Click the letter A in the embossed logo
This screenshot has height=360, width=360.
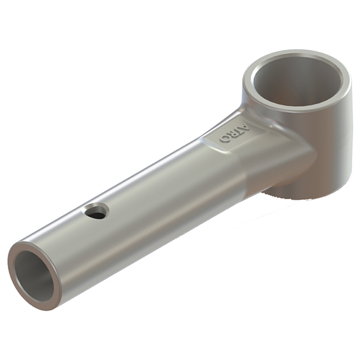point(245,127)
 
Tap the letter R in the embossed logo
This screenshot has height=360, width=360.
point(235,133)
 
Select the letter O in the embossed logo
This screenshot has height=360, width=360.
point(225,138)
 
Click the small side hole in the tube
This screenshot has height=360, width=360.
point(97,211)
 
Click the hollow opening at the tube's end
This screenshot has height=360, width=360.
point(34,276)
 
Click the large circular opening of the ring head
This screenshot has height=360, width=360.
point(298,81)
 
